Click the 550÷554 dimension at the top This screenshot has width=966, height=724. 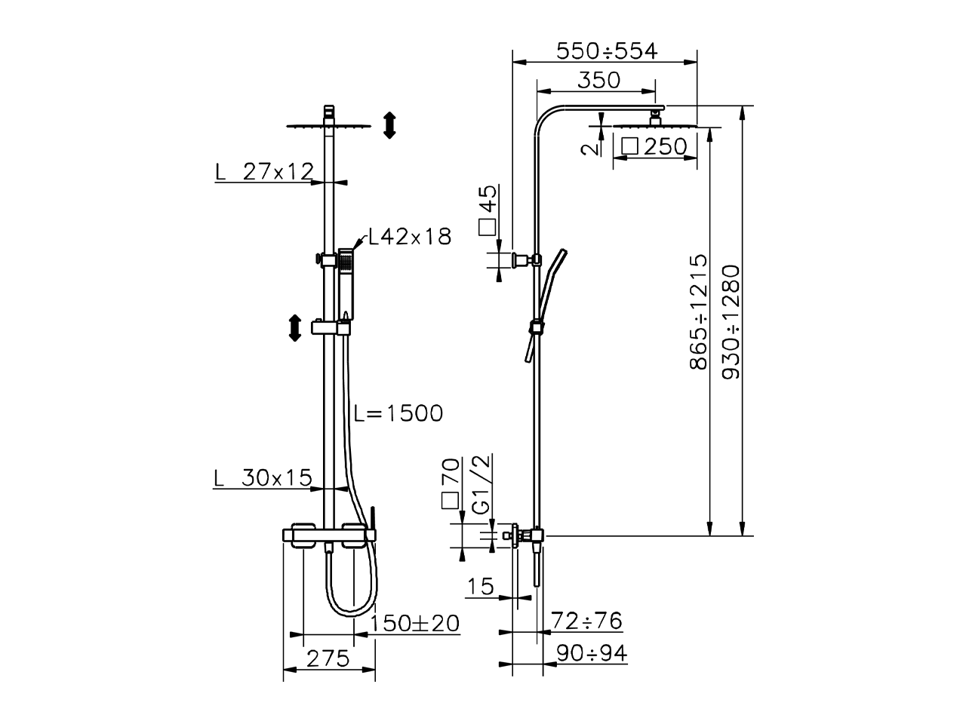click(607, 51)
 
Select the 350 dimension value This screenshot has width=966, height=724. click(599, 79)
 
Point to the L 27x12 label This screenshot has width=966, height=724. click(264, 171)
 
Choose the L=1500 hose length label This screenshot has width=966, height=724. click(398, 413)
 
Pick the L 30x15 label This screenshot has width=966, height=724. click(263, 477)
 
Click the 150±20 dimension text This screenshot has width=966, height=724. click(415, 623)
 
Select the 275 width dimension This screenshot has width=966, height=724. click(328, 658)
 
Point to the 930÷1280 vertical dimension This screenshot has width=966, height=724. click(731, 321)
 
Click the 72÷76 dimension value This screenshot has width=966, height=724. click(586, 621)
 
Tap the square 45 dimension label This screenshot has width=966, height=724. click(488, 210)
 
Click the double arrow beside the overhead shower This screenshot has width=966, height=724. click(389, 124)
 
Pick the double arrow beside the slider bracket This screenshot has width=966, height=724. click(294, 328)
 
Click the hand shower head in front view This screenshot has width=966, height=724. click(346, 261)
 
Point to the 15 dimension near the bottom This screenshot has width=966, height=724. click(480, 586)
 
